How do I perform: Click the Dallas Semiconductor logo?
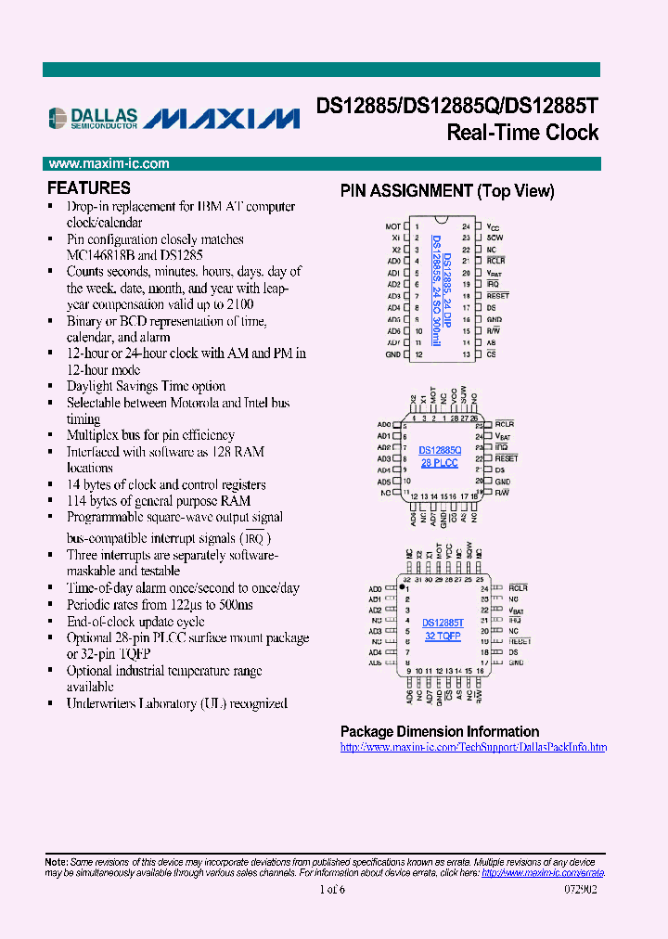93,117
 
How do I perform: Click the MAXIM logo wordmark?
224,119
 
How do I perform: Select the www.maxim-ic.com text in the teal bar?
109,164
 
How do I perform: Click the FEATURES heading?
89,187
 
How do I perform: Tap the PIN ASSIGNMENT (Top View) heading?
447,191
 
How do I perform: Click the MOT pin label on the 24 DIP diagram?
392,226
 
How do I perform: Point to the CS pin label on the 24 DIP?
491,354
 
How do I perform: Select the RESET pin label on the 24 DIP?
498,296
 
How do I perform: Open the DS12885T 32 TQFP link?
443,629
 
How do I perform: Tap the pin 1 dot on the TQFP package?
402,588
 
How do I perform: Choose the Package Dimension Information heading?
440,731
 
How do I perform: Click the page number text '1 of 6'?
331,890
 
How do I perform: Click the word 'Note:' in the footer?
56,862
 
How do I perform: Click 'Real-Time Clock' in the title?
522,133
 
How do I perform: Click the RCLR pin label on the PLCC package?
505,424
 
